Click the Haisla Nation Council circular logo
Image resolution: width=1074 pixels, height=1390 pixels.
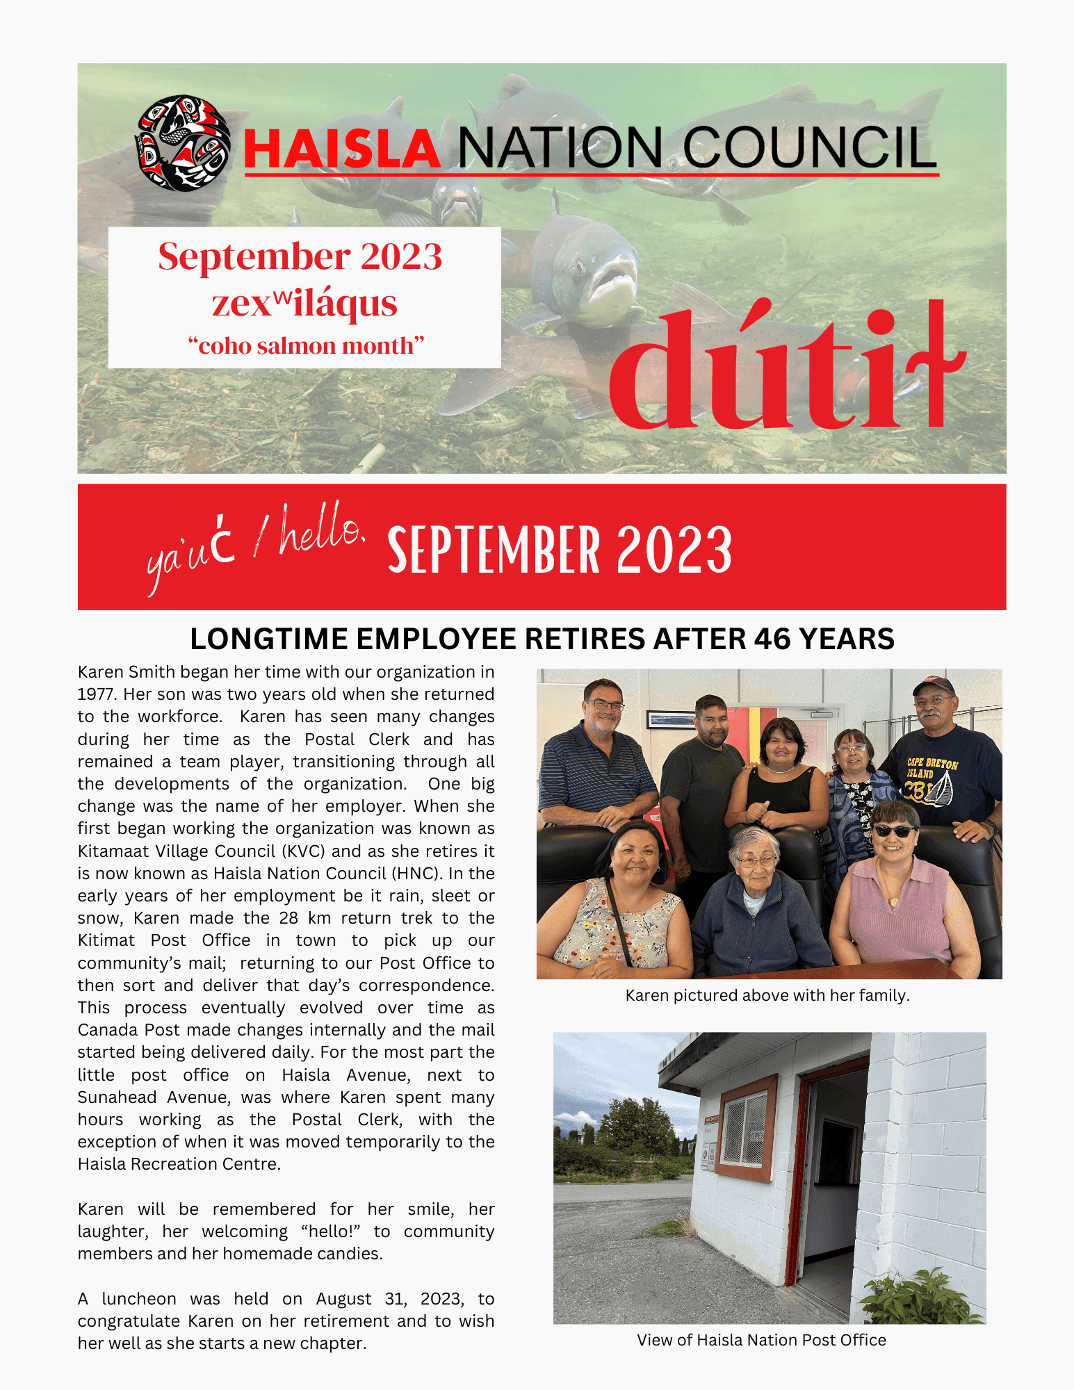[182, 143]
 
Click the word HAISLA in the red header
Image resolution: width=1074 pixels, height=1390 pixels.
[342, 149]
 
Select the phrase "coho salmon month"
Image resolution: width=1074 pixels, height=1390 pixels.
[306, 345]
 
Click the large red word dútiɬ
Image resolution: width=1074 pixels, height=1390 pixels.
[786, 368]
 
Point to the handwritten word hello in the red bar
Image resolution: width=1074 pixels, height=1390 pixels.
[321, 532]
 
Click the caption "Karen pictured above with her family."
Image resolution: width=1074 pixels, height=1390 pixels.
[767, 995]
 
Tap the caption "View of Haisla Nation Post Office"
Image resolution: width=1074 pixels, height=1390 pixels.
[761, 1340]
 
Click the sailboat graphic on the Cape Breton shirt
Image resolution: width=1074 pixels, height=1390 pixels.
[941, 789]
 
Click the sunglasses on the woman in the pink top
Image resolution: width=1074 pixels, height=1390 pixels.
[894, 831]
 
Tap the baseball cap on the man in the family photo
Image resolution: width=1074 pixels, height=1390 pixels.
[933, 686]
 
